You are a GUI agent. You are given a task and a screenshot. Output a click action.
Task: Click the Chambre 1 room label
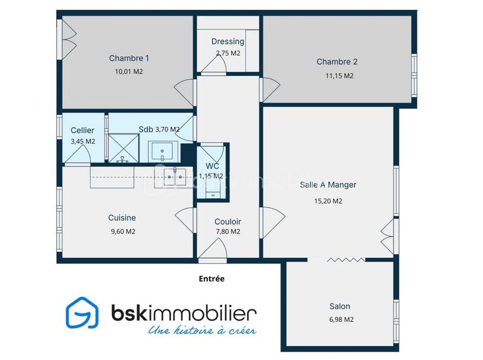click(x=129, y=59)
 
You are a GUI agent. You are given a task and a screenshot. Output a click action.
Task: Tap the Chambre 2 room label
click(x=337, y=62)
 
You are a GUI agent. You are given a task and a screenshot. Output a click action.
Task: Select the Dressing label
click(x=228, y=42)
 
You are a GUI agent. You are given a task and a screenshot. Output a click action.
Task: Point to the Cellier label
click(x=82, y=130)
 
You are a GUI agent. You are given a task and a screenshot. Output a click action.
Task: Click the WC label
click(x=212, y=166)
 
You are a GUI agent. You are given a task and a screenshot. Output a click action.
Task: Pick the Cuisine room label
click(x=121, y=218)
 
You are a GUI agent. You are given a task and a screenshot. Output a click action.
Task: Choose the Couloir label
click(x=228, y=222)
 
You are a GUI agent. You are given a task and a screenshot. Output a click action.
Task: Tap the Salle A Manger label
click(x=328, y=185)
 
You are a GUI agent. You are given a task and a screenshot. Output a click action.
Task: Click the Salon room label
click(x=339, y=306)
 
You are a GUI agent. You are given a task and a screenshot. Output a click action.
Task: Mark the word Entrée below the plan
click(x=211, y=279)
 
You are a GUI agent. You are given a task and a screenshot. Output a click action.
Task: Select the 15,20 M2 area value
click(x=328, y=201)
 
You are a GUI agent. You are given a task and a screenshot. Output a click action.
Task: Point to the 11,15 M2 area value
click(x=339, y=76)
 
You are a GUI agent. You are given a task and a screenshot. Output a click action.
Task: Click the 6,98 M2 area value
click(x=339, y=320)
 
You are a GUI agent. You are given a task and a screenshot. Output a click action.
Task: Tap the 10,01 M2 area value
click(x=129, y=71)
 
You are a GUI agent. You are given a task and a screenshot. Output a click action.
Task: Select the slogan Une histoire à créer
click(x=202, y=330)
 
